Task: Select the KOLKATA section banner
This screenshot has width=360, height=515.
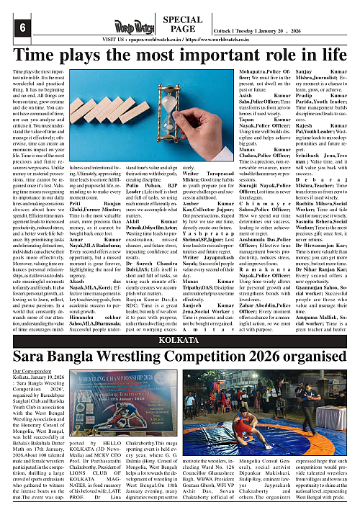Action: point(180,318)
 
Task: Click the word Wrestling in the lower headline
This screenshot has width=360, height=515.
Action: point(164,336)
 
